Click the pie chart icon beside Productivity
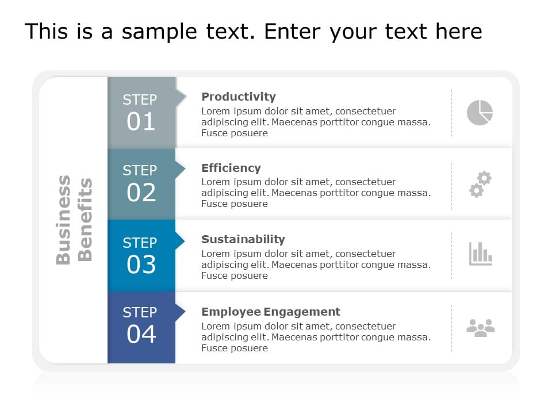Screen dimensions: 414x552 pyautogui.click(x=480, y=112)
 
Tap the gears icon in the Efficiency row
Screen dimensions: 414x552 pyautogui.click(x=480, y=184)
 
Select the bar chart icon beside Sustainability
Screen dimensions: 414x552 pyautogui.click(x=480, y=254)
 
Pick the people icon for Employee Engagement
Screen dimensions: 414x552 pyautogui.click(x=480, y=328)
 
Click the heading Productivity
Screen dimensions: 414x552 pyautogui.click(x=239, y=97)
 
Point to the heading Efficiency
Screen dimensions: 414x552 pyautogui.click(x=231, y=168)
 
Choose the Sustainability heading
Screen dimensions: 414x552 pyautogui.click(x=243, y=239)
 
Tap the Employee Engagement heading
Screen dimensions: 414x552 pyautogui.click(x=271, y=312)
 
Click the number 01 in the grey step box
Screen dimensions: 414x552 pyautogui.click(x=141, y=121)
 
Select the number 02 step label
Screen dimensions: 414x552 pyautogui.click(x=141, y=193)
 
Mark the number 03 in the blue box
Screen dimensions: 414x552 pyautogui.click(x=141, y=264)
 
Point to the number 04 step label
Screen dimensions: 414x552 pyautogui.click(x=141, y=334)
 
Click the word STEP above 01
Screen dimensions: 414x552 pyautogui.click(x=140, y=99)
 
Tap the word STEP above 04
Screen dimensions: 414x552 pyautogui.click(x=140, y=312)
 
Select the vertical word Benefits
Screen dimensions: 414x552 pyautogui.click(x=85, y=220)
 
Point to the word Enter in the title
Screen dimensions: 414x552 pyautogui.click(x=294, y=32)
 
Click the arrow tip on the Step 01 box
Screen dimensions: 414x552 pyautogui.click(x=183, y=98)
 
